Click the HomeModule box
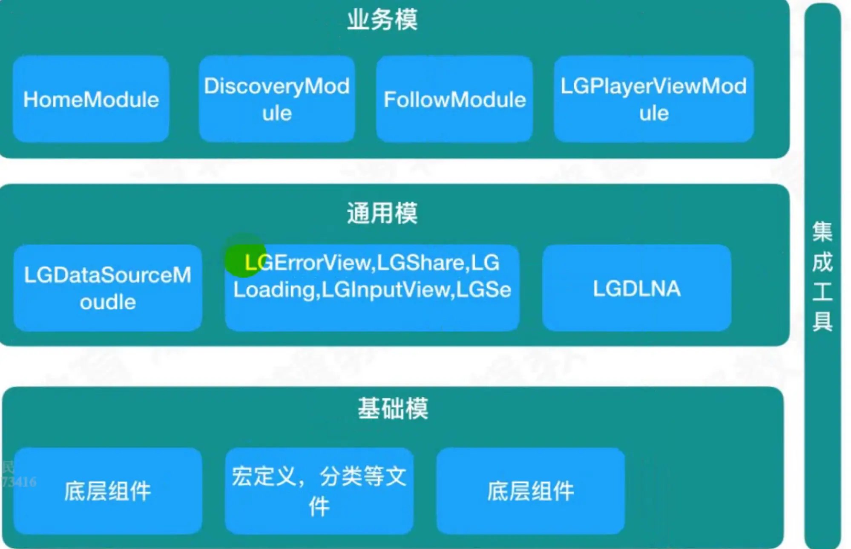91,99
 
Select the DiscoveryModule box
277,99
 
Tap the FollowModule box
454,99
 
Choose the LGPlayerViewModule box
653,99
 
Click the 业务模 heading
382,20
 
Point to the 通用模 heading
382,213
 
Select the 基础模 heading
393,408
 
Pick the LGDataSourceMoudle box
108,288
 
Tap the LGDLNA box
637,289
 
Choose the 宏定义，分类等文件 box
319,491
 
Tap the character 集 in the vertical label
822,231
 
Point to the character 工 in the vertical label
822,292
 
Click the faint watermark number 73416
19,482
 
